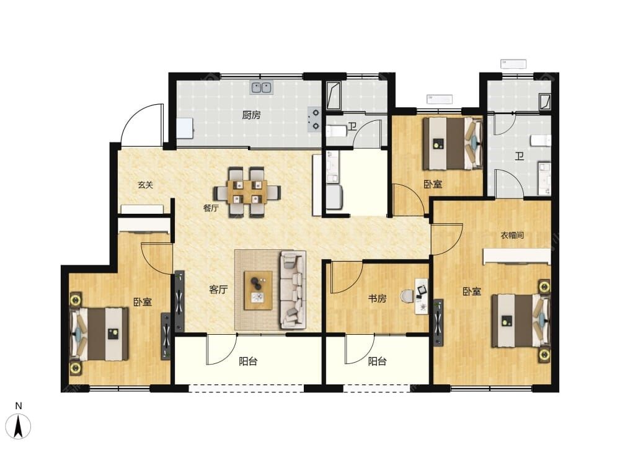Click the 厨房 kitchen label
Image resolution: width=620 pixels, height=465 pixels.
pos(252,115)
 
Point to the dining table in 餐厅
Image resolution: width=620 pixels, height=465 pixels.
pos(247,192)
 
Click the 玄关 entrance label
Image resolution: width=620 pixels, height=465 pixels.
pos(146,184)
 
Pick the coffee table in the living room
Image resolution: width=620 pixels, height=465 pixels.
pos(258,290)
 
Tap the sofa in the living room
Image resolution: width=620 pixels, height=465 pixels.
pos(293,290)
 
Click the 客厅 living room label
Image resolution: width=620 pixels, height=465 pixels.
pos(218,290)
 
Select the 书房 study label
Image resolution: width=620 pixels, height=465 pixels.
pos(377,298)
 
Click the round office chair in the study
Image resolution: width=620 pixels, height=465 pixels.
pos(407,295)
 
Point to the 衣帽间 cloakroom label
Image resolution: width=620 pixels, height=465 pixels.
pos(513,235)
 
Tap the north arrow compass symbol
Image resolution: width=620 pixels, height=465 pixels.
pos(18,427)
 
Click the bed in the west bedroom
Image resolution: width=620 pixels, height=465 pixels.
pos(99,334)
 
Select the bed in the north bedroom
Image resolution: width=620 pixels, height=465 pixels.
pos(453,143)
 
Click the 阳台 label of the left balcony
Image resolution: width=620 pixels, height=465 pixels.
pos(249,361)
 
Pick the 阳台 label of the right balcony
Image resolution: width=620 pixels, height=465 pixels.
pos(377,361)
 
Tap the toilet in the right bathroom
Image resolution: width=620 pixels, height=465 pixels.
pos(541,140)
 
